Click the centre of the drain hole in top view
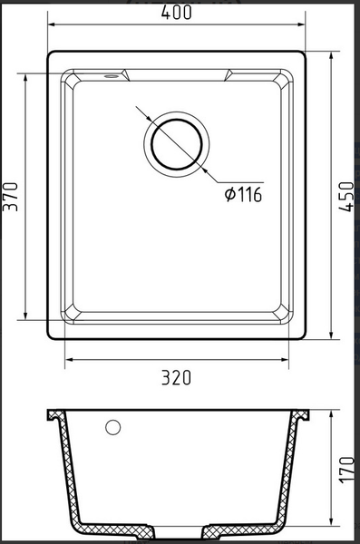coord(176,142)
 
